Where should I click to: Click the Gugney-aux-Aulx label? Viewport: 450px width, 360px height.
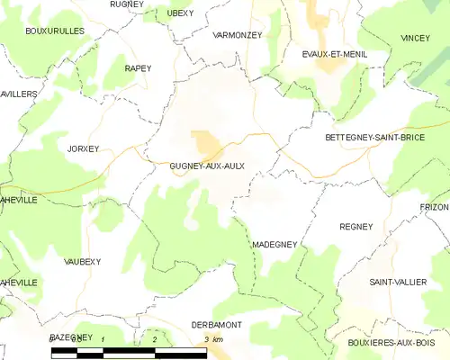pyautogui.click(x=207, y=166)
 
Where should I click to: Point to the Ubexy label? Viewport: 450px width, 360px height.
pyautogui.click(x=181, y=13)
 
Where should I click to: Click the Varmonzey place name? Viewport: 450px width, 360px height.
pyautogui.click(x=236, y=34)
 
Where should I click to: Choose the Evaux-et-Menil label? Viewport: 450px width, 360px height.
pyautogui.click(x=332, y=54)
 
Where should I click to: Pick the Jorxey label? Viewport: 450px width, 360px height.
pyautogui.click(x=82, y=148)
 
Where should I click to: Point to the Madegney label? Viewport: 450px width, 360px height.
pyautogui.click(x=274, y=244)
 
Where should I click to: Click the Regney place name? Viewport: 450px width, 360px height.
pyautogui.click(x=355, y=227)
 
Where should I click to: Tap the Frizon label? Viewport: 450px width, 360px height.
pyautogui.click(x=435, y=207)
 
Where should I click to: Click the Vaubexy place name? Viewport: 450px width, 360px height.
pyautogui.click(x=83, y=261)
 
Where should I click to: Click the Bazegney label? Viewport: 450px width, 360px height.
pyautogui.click(x=71, y=336)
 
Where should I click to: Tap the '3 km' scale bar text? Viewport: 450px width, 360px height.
pyautogui.click(x=212, y=338)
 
